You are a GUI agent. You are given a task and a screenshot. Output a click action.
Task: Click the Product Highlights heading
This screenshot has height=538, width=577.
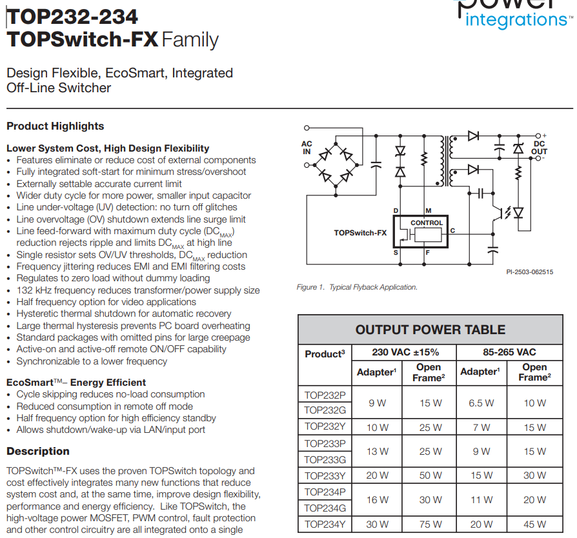[55, 126]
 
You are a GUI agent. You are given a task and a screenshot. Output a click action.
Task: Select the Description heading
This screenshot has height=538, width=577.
[38, 451]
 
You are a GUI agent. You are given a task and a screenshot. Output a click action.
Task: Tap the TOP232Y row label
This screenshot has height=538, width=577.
[325, 427]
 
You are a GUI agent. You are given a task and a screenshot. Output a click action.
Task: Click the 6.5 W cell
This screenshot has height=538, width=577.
[481, 403]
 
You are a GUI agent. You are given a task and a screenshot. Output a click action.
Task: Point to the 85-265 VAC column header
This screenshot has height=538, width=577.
[509, 352]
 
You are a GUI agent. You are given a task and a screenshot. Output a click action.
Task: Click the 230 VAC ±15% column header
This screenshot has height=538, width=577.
[404, 352]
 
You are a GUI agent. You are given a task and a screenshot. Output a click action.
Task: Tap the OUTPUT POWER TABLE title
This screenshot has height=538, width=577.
[430, 330]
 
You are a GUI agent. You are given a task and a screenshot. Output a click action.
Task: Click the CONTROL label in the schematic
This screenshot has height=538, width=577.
[427, 223]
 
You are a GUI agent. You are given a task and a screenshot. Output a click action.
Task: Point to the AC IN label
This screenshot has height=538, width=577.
[307, 148]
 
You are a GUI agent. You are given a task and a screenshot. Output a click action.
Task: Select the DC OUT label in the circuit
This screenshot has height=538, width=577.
[539, 148]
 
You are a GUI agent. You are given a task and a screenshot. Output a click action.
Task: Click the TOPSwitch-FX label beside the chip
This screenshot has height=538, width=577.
[360, 233]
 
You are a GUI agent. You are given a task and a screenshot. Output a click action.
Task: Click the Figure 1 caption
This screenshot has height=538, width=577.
[357, 287]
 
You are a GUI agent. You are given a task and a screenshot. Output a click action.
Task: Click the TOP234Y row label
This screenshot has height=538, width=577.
[325, 524]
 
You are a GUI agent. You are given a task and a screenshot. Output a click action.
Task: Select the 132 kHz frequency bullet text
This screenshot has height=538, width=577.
[138, 290]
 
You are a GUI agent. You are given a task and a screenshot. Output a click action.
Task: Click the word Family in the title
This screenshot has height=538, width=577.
[190, 39]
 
